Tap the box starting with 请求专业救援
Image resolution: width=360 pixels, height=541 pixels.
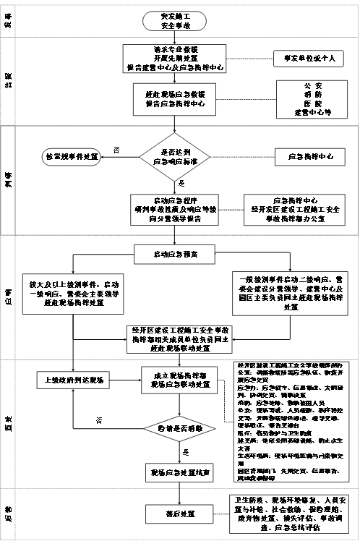tap(174, 59)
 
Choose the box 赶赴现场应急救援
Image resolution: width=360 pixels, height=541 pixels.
tap(174, 98)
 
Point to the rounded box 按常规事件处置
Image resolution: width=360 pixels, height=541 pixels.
tap(72, 156)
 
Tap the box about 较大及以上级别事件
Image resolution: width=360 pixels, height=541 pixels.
tap(72, 293)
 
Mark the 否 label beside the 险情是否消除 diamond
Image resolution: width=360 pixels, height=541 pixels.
tap(99, 419)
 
